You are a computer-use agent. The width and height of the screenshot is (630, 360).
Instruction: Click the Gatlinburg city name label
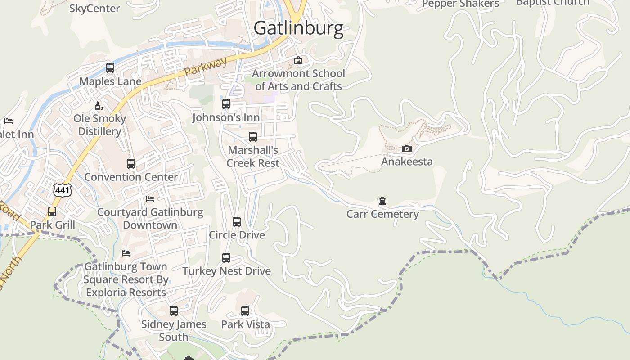pyautogui.click(x=298, y=28)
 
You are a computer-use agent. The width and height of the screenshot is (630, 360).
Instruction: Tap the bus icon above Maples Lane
pyautogui.click(x=110, y=68)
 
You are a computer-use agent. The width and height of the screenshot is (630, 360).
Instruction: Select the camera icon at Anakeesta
pyautogui.click(x=407, y=148)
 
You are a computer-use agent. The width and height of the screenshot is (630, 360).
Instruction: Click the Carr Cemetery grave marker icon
pyautogui.click(x=382, y=201)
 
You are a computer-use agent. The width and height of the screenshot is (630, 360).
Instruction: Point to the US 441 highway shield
pyautogui.click(x=62, y=190)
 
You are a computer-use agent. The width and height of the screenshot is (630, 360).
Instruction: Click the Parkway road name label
pyautogui.click(x=206, y=67)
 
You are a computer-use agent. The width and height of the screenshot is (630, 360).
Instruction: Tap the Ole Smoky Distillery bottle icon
pyautogui.click(x=99, y=106)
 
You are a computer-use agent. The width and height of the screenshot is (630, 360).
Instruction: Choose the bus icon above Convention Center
pyautogui.click(x=131, y=164)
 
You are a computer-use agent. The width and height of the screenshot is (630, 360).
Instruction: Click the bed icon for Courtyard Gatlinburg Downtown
pyautogui.click(x=150, y=199)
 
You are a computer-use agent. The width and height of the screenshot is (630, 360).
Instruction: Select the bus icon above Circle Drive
pyautogui.click(x=237, y=222)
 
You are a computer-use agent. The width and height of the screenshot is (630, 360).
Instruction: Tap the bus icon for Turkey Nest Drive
pyautogui.click(x=226, y=258)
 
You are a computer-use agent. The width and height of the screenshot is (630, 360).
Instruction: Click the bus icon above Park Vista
pyautogui.click(x=245, y=311)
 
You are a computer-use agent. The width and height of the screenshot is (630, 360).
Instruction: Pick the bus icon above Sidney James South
pyautogui.click(x=174, y=311)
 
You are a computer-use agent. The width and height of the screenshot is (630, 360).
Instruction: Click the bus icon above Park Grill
pyautogui.click(x=52, y=211)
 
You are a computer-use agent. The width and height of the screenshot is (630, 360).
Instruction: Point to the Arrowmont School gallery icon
pyautogui.click(x=298, y=60)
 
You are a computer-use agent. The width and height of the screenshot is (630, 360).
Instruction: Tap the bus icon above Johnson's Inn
pyautogui.click(x=226, y=104)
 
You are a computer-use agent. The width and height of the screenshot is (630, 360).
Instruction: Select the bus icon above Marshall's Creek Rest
pyautogui.click(x=253, y=137)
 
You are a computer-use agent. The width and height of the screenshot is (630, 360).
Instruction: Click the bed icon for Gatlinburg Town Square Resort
pyautogui.click(x=126, y=253)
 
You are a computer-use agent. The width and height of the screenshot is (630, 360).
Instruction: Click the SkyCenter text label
pyautogui.click(x=94, y=8)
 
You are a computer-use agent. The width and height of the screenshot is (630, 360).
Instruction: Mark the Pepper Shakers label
pyautogui.click(x=460, y=4)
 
